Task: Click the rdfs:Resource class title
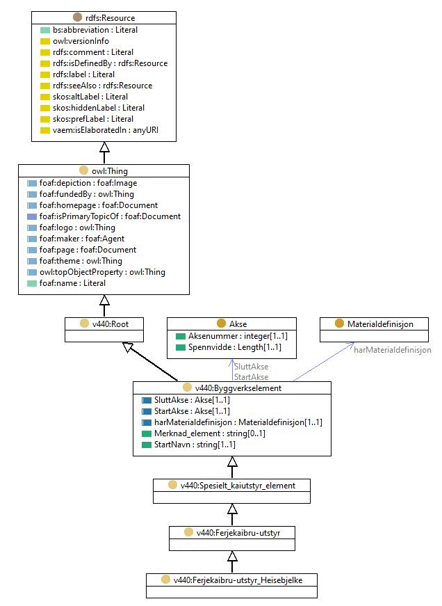click(110, 18)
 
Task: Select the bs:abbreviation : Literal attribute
click(95, 30)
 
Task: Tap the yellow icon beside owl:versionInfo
click(45, 41)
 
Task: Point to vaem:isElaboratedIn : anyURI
click(106, 130)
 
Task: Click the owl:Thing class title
click(110, 171)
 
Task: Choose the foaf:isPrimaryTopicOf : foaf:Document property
click(110, 216)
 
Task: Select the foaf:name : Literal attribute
click(72, 283)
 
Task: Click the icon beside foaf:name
click(32, 283)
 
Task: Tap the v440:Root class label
click(110, 324)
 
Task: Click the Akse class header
click(238, 324)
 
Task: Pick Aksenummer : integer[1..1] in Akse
click(238, 336)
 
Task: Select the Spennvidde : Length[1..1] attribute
click(235, 347)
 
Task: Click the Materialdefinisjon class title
click(380, 324)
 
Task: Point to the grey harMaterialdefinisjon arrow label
click(393, 350)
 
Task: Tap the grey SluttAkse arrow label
click(252, 367)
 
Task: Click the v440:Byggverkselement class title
click(238, 388)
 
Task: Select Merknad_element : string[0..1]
click(210, 433)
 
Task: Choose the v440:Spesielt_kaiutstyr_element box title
click(238, 486)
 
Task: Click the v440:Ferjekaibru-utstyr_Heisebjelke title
click(238, 580)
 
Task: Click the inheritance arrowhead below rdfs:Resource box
click(104, 147)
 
